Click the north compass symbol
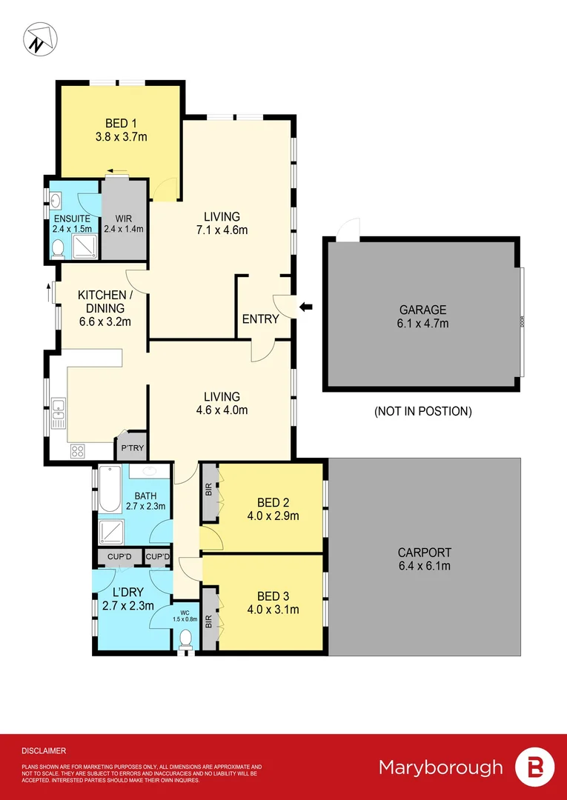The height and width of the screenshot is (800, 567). [x=39, y=38]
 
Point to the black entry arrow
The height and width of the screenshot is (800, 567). [x=305, y=306]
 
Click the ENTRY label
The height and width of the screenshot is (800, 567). [x=261, y=319]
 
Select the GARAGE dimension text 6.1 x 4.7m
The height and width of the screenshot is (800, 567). [x=424, y=324]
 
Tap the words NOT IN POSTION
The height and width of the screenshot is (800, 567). [x=423, y=411]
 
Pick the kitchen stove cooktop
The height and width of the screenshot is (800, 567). [x=78, y=450]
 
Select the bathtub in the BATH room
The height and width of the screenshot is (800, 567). [x=109, y=490]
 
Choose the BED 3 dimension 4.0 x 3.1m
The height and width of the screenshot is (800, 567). [x=273, y=610]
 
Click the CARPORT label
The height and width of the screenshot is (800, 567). [x=424, y=553]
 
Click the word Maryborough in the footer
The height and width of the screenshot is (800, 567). [x=440, y=767]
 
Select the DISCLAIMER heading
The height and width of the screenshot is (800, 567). [x=44, y=750]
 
